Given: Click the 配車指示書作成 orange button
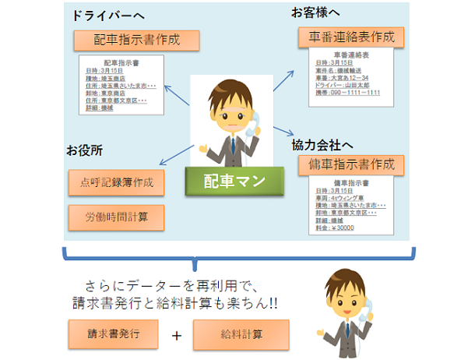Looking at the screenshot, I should [x=124, y=40].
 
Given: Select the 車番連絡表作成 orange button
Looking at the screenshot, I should [x=352, y=37].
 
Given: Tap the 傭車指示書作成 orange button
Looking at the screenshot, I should [x=352, y=165].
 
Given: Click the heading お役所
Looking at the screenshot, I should [x=85, y=148].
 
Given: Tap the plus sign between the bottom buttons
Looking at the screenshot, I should [x=178, y=335].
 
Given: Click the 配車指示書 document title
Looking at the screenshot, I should [x=122, y=62].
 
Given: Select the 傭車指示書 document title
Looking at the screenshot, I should [x=348, y=184].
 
